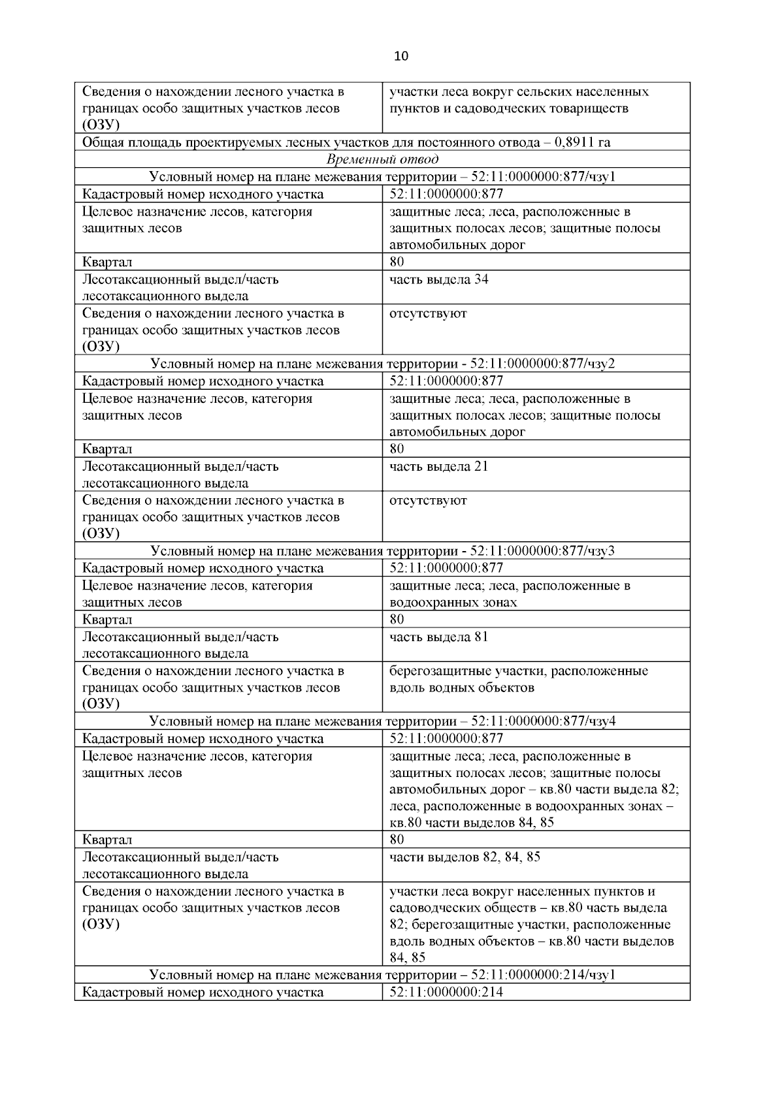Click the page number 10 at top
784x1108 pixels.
click(401, 56)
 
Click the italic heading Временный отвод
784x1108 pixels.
click(382, 159)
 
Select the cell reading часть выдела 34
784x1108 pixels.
click(438, 279)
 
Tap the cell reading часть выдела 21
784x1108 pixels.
click(438, 467)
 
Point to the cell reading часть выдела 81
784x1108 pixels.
click(438, 637)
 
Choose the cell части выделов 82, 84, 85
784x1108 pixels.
click(465, 857)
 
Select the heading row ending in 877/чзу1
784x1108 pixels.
click(382, 177)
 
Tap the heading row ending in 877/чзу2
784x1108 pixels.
click(382, 364)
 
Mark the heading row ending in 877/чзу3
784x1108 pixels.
click(382, 551)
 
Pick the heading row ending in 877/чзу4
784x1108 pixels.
click(382, 721)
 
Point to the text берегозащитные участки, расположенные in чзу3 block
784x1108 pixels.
click(519, 671)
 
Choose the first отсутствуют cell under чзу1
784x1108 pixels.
click(428, 313)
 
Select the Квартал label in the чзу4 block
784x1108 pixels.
click(107, 840)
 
